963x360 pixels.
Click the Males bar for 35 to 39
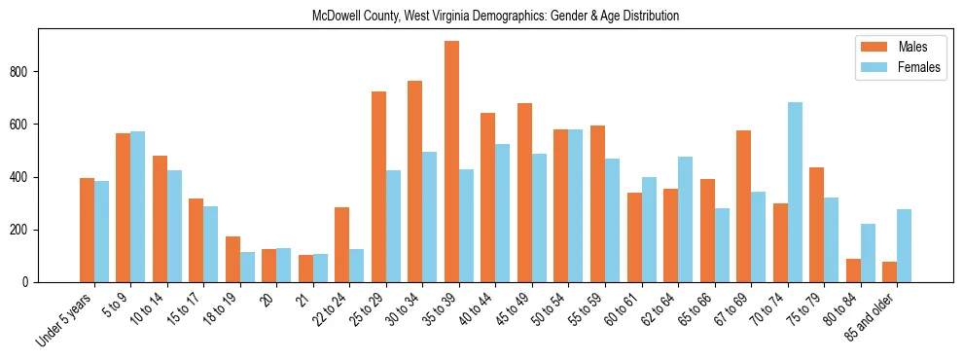tap(451, 162)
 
